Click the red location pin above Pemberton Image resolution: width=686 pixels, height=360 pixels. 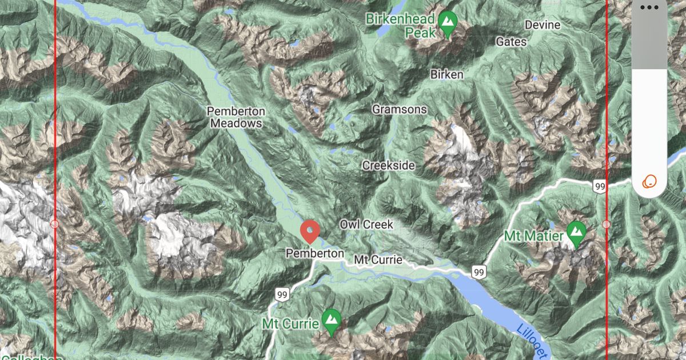pos(310,231)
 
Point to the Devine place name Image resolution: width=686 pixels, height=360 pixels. pos(543,25)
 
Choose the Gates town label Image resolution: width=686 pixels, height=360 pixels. pos(512,42)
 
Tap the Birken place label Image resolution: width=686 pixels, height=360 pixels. pos(447,74)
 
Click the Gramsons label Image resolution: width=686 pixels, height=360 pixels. pos(400,109)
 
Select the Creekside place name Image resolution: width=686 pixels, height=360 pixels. pos(388,165)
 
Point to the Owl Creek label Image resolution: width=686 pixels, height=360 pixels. pos(366,225)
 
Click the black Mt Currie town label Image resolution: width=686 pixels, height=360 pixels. pos(378,260)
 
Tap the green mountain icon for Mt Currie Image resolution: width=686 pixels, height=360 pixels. pos(331,322)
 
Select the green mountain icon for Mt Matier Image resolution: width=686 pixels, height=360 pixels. pos(576,234)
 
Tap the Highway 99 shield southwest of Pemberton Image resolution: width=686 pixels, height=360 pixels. pos(281,294)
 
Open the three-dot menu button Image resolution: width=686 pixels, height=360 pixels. pos(649,7)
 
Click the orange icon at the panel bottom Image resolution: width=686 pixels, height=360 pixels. pos(649,182)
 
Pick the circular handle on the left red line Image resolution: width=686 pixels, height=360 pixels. pos(55,224)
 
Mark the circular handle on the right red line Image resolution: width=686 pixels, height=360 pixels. pos(607,224)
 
